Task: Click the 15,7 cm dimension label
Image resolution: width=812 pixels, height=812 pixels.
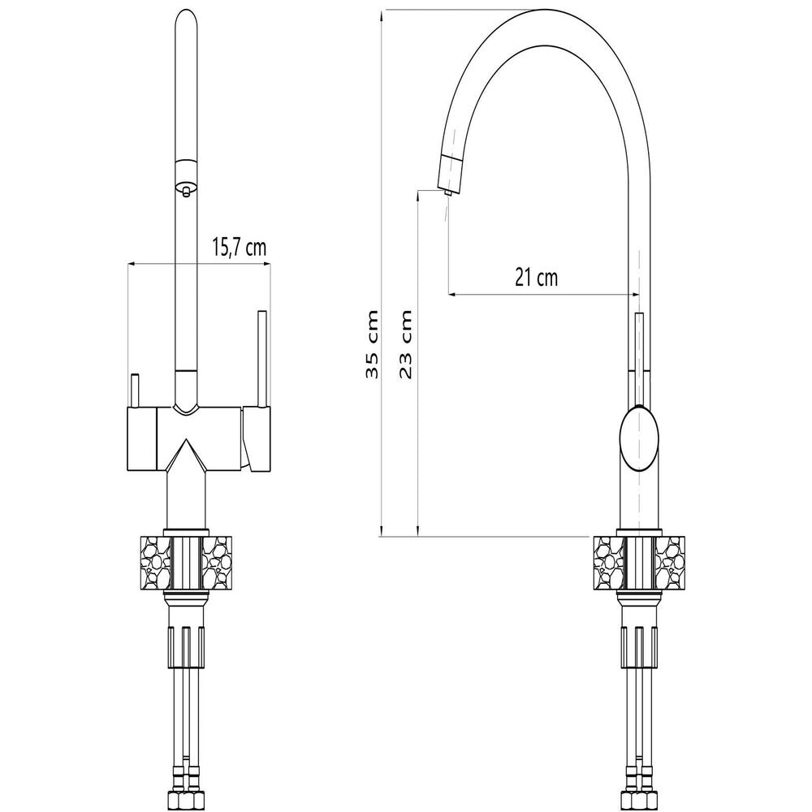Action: click(x=239, y=248)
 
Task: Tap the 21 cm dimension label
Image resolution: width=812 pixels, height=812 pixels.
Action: click(x=537, y=278)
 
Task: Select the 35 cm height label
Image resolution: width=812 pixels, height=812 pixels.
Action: click(x=373, y=344)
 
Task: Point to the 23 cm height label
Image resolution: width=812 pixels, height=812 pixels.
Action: click(x=406, y=344)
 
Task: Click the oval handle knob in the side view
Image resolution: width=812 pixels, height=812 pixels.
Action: click(x=640, y=438)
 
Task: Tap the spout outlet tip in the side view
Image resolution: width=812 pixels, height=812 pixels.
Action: click(x=447, y=192)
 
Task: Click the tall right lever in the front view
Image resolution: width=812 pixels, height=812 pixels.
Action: click(x=262, y=359)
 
